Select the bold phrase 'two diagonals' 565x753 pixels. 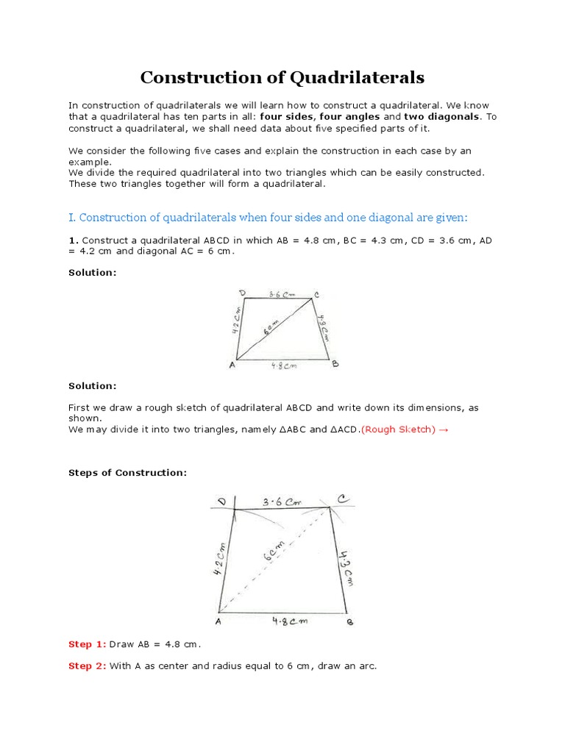441,116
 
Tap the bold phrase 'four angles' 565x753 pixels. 349,116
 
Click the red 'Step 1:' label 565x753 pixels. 87,644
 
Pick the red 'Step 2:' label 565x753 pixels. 87,666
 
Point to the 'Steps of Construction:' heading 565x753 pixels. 127,473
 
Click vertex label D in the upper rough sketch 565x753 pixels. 242,293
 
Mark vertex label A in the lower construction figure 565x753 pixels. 218,621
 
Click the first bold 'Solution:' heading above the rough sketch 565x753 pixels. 92,272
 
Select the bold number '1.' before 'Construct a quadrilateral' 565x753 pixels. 73,240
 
